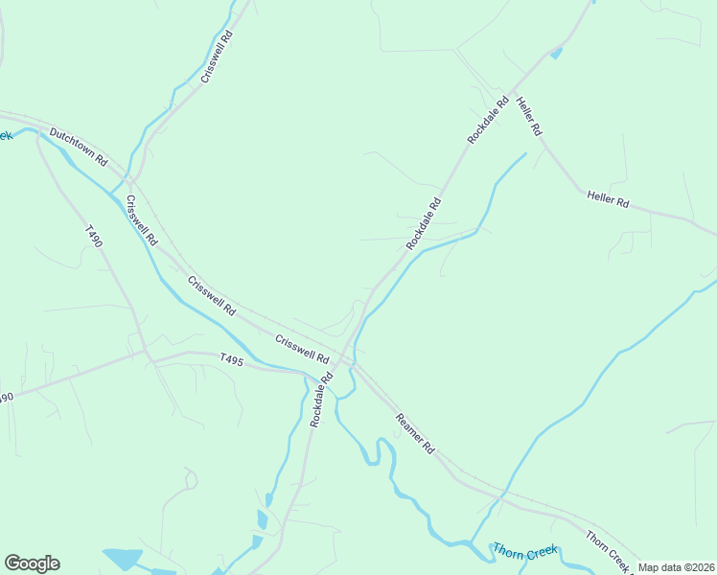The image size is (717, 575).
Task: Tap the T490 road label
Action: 93,237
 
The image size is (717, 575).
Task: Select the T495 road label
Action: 232,360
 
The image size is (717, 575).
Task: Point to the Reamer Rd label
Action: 416,433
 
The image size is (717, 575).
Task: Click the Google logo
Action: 32,563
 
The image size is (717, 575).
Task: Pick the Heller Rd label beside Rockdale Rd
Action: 529,115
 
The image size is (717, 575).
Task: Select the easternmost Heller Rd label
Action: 608,201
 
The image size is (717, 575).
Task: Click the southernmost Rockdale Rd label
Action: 320,400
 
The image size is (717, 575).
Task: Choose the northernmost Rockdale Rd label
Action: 488,121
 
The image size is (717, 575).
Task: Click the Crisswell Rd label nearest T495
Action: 301,349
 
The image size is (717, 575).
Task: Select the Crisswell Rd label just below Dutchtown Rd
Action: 140,219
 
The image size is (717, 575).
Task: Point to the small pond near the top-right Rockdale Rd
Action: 556,54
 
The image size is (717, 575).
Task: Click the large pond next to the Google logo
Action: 122,559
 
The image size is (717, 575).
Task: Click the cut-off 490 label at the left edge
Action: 7,397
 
